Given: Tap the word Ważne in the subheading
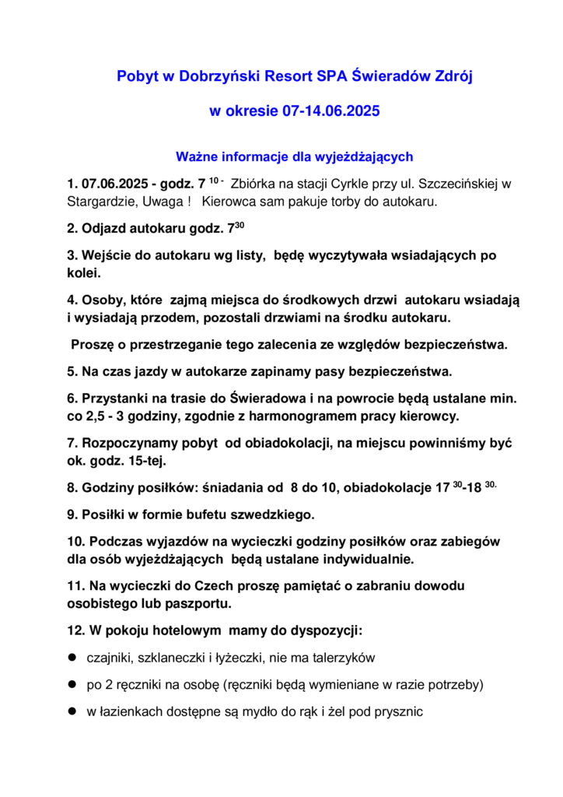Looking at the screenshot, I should coord(195,157).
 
